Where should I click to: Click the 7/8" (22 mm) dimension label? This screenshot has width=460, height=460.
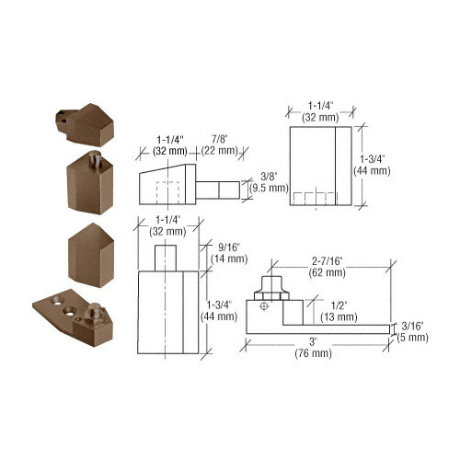point(220,144)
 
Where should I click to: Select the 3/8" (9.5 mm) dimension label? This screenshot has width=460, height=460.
point(269,182)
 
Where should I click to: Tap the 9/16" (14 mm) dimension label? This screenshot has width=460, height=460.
point(229,253)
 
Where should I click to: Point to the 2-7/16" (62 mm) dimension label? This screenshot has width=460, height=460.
point(328,267)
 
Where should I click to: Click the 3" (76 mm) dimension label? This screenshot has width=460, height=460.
point(314,348)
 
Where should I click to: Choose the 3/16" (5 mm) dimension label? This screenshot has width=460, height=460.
point(412,332)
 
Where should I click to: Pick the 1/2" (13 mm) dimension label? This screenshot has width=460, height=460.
point(339,311)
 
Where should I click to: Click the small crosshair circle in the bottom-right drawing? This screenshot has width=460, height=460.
point(264,306)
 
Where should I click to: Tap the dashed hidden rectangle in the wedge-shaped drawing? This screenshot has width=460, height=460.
point(167,193)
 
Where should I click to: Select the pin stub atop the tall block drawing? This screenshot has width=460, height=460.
point(166,259)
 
